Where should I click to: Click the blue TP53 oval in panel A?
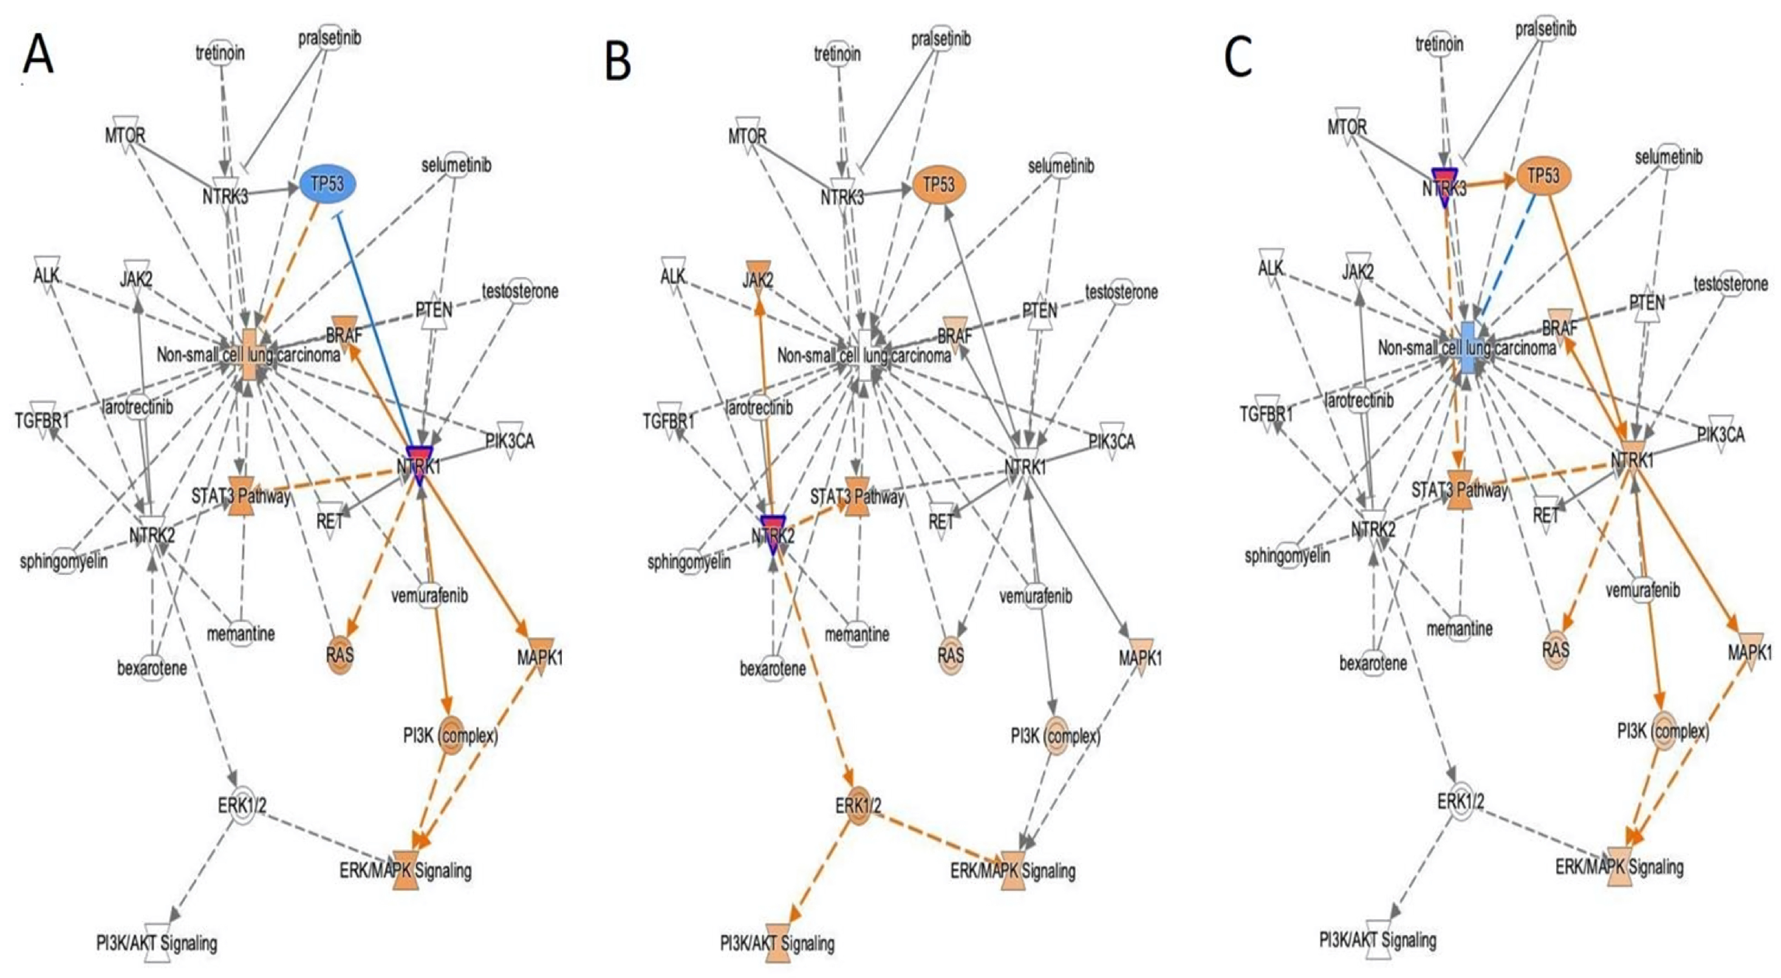coord(329,185)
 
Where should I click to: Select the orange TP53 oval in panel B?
coord(939,185)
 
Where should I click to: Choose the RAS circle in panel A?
coord(340,653)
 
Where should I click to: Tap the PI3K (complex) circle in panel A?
coord(451,736)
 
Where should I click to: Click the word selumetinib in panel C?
coord(1668,158)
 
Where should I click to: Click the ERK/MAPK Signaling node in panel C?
coord(1620,866)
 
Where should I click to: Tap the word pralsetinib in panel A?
coord(330,38)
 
